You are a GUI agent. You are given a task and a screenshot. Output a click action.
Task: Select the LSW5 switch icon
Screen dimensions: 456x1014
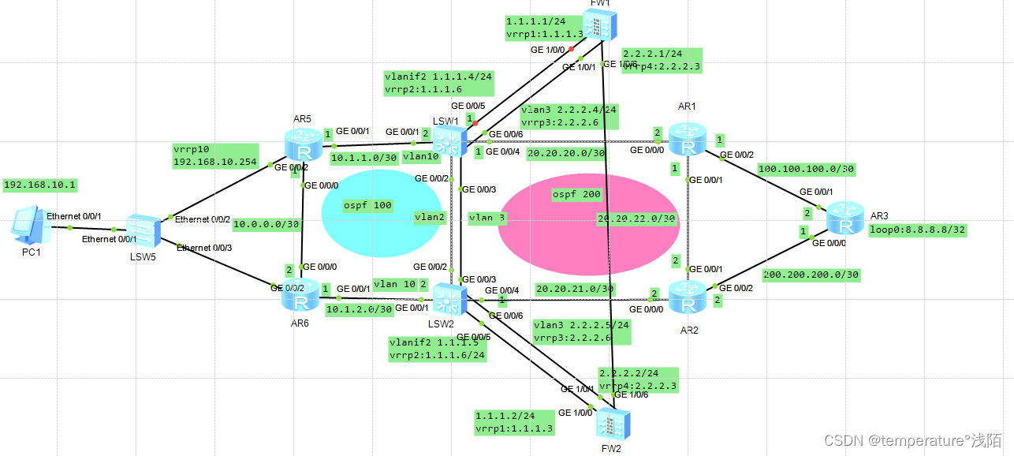click(x=144, y=229)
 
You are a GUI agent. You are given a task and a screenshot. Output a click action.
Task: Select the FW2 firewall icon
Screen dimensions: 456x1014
click(x=608, y=424)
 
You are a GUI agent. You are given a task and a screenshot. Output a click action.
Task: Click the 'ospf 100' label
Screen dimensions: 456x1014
click(x=367, y=205)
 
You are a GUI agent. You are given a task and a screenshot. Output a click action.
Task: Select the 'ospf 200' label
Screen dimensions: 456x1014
click(x=576, y=194)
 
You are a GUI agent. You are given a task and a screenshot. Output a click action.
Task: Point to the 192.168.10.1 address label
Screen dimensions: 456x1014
click(x=40, y=185)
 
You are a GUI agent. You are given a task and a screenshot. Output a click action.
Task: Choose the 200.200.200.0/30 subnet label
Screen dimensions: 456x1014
click(x=811, y=275)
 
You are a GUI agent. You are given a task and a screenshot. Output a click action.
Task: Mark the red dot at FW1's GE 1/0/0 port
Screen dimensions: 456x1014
click(x=570, y=49)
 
